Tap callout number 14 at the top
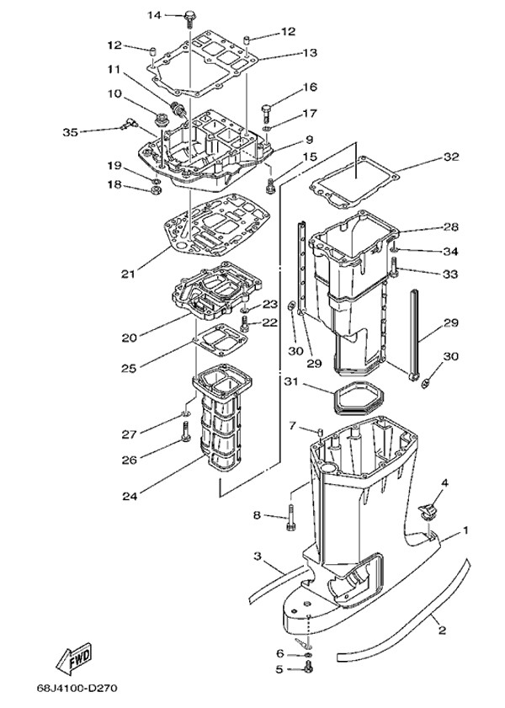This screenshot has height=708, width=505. click(x=155, y=15)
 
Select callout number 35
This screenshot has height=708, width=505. click(x=72, y=130)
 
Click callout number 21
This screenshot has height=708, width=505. click(x=128, y=274)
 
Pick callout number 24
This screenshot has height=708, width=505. click(x=129, y=497)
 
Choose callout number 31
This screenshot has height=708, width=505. click(x=291, y=381)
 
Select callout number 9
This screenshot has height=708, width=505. click(x=310, y=139)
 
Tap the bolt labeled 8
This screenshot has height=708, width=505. click(x=290, y=516)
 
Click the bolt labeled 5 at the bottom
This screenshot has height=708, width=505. click(x=308, y=669)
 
